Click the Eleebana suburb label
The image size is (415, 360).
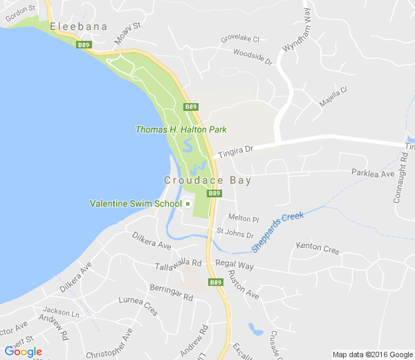click(x=78, y=26)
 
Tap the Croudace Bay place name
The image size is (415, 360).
click(x=207, y=180)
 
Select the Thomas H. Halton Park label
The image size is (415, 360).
click(x=181, y=129)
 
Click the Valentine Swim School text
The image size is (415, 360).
click(x=136, y=204)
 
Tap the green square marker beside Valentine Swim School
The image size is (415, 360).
click(x=187, y=204)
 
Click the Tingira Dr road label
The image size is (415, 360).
click(x=237, y=150)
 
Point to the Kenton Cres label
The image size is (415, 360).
click(x=317, y=247)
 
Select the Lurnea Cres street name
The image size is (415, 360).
click(x=138, y=305)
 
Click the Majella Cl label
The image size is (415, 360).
click(x=332, y=96)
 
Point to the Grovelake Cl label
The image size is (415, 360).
click(x=239, y=39)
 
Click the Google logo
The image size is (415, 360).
click(x=23, y=352)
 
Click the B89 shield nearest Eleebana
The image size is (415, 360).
click(x=84, y=45)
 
